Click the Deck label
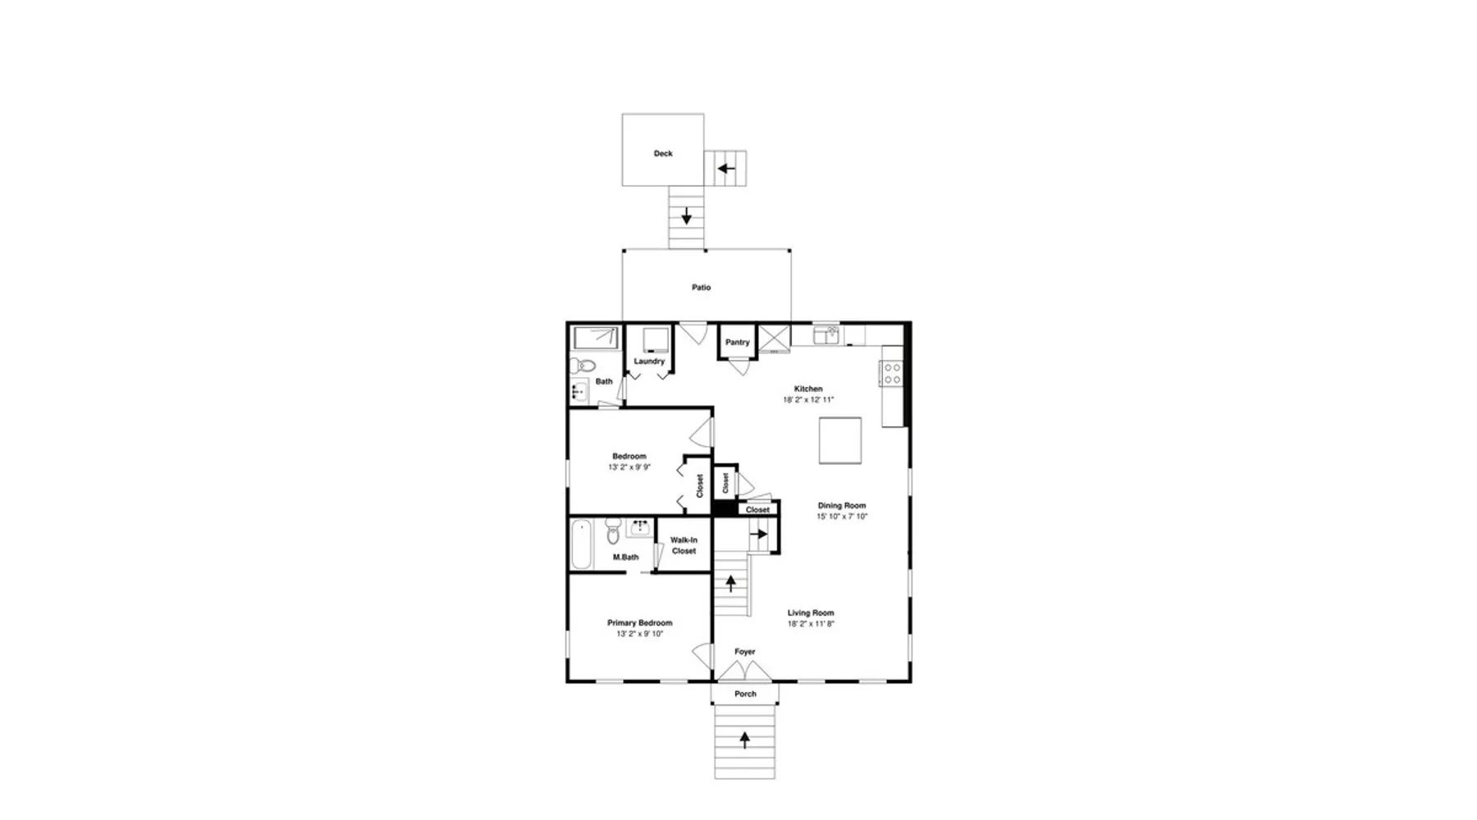tap(663, 153)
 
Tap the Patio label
tap(701, 288)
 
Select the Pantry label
tap(737, 342)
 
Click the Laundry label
tap(649, 362)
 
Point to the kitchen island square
tap(840, 440)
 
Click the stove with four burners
tap(892, 373)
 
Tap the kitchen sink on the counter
tap(826, 335)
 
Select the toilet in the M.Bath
tap(613, 531)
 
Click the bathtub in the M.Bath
tap(581, 544)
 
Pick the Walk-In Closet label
tap(684, 545)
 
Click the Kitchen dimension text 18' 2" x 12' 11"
tap(808, 400)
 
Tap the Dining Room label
tap(842, 506)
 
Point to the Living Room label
tap(811, 613)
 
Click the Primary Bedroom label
tap(640, 623)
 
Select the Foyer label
tap(745, 652)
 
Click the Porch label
tap(745, 694)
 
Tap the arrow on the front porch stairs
tap(745, 740)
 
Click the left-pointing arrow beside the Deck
tap(726, 169)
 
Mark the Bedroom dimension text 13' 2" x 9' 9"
tap(629, 467)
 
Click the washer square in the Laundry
tap(655, 339)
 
